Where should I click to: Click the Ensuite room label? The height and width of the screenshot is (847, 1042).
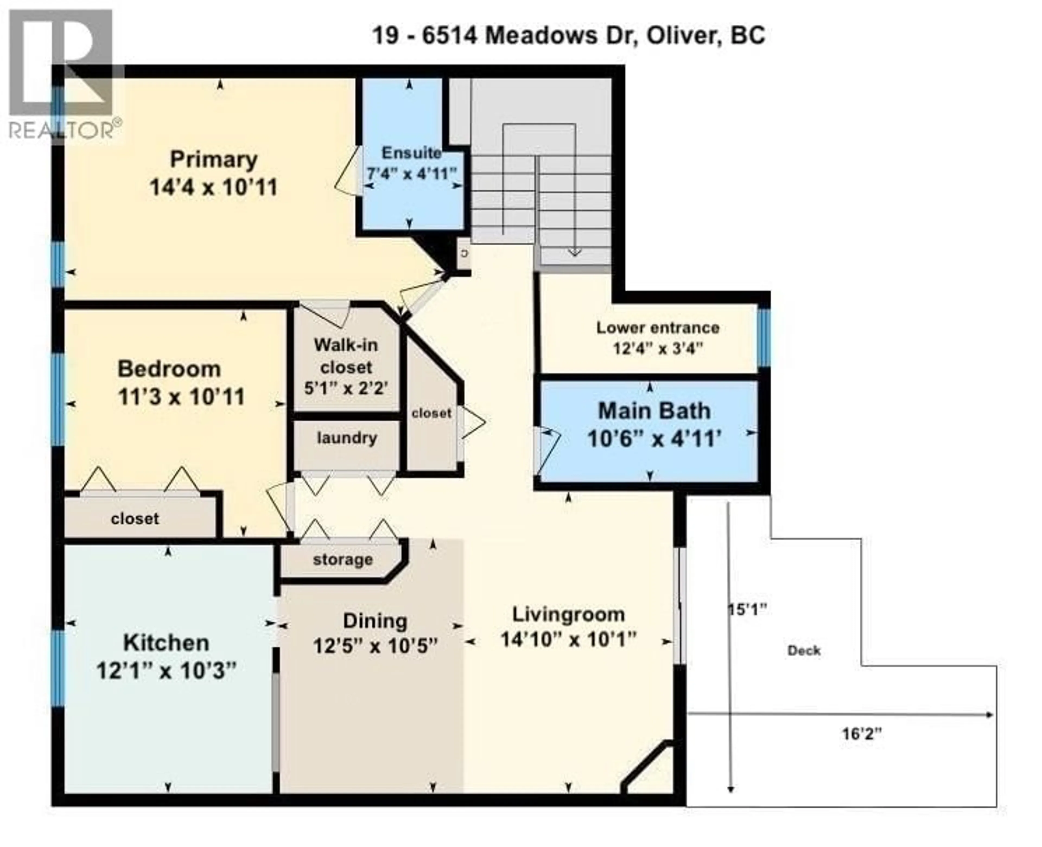point(411,153)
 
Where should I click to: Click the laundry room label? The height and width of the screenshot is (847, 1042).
point(347,438)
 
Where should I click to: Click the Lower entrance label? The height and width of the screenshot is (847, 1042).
point(657,328)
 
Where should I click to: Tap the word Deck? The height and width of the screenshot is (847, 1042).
point(804,650)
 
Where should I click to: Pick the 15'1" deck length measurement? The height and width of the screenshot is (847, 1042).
point(747,610)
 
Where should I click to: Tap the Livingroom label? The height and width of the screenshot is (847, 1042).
point(568,614)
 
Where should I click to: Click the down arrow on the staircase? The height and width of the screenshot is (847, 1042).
point(574,251)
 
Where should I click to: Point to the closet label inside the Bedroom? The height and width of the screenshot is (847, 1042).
point(135,519)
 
